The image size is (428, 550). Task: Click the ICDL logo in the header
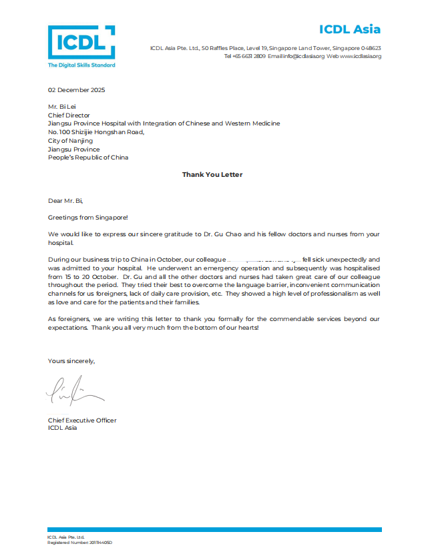point(81,43)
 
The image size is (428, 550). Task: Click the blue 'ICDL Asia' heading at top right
point(349,29)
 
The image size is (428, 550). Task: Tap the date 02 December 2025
point(77,90)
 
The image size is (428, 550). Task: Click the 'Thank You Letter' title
point(212,175)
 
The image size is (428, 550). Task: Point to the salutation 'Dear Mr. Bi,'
point(66,200)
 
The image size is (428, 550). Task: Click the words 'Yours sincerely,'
point(71,361)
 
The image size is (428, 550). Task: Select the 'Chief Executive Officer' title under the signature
point(82,420)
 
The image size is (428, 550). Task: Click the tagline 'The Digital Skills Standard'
point(81,65)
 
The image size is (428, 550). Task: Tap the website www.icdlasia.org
point(360,57)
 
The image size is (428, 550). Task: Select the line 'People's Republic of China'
point(88,158)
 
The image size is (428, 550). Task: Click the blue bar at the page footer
point(214,530)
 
